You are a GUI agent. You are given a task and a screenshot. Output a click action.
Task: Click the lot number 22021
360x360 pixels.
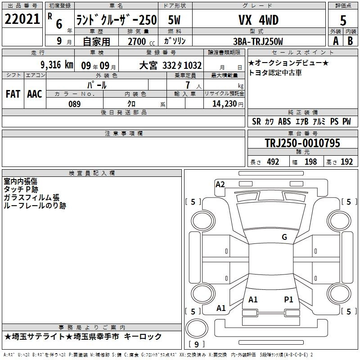pyautogui.click(x=22, y=19)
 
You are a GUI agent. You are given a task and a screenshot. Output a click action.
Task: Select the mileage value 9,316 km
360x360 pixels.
pyautogui.click(x=57, y=65)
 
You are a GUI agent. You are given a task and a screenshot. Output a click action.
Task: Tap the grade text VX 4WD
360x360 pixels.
pyautogui.click(x=258, y=20)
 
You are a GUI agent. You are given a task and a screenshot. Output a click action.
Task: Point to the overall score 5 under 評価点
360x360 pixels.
pyautogui.click(x=343, y=21)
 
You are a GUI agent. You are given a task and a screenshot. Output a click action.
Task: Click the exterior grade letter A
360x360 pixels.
pyautogui.click(x=336, y=41)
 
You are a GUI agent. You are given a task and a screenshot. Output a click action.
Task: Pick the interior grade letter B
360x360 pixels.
pyautogui.click(x=350, y=41)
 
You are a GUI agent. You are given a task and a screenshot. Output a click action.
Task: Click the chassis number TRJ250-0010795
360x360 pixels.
pyautogui.click(x=302, y=143)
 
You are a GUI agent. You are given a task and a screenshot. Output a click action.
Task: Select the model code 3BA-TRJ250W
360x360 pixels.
pyautogui.click(x=258, y=41)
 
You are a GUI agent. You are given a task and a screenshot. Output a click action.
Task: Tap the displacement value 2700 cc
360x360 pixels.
pyautogui.click(x=141, y=41)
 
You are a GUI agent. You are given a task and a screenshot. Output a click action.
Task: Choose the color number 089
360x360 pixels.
pyautogui.click(x=74, y=104)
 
